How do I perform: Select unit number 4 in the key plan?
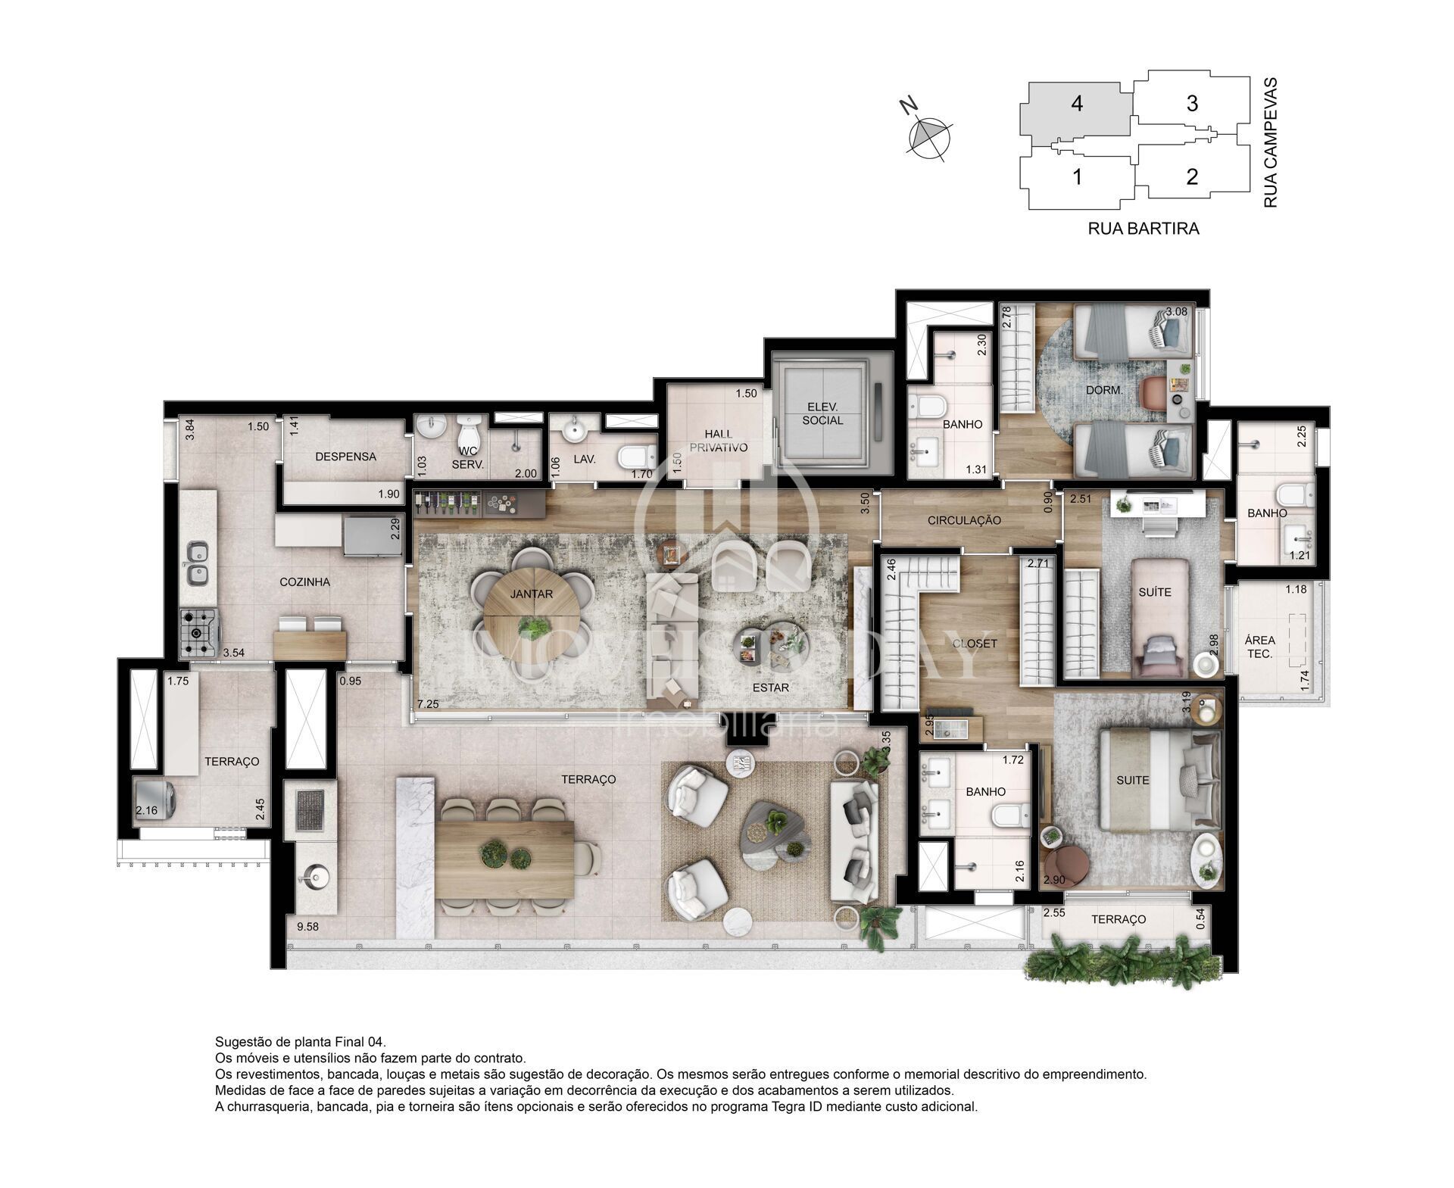[x=1077, y=104]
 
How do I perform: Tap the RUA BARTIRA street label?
[x=1144, y=228]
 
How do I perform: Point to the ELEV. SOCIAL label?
[x=822, y=413]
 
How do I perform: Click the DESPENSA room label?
[x=346, y=457]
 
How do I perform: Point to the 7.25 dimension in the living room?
[x=429, y=704]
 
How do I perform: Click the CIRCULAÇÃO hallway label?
[x=964, y=520]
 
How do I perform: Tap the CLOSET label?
[x=975, y=644]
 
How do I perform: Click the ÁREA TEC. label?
[x=1260, y=647]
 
